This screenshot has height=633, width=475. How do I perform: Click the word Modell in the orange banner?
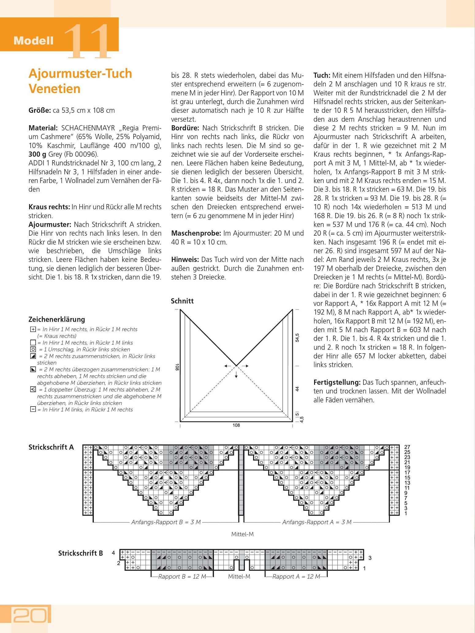[33, 41]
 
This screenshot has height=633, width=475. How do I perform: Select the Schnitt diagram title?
[182, 301]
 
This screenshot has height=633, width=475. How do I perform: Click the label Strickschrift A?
[51, 447]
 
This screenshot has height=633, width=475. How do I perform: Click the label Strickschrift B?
[81, 553]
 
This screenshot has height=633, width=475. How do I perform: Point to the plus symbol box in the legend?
[33, 329]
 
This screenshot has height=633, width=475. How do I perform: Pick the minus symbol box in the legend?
[33, 410]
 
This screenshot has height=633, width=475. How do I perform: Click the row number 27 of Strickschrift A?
[407, 447]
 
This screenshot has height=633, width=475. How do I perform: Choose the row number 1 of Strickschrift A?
[406, 513]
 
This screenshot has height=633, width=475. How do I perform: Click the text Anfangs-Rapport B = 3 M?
[166, 522]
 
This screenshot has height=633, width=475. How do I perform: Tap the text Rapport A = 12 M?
[296, 576]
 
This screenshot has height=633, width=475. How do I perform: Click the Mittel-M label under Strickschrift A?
[242, 534]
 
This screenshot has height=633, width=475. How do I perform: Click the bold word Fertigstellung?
[337, 382]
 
